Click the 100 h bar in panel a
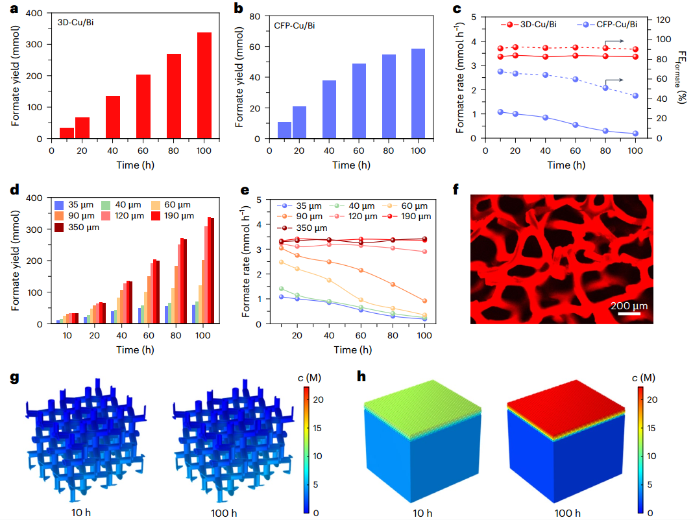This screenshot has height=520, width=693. tap(204, 85)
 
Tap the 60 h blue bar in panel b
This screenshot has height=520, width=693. tap(359, 101)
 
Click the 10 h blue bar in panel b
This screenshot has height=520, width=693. tap(284, 130)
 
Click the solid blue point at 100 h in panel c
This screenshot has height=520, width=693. tap(635, 134)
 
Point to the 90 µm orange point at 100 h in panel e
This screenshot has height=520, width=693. tap(424, 301)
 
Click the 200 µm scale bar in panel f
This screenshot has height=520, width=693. tap(628, 314)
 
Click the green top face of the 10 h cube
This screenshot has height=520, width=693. tap(422, 405)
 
